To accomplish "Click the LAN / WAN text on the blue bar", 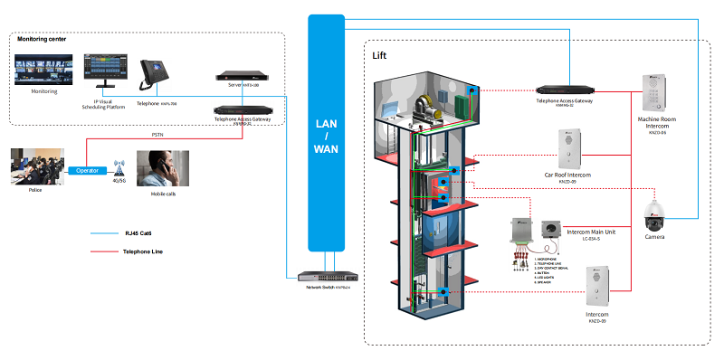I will tap(326, 135).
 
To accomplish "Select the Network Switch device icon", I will tap(326, 273).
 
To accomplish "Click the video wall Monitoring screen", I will tap(43, 70).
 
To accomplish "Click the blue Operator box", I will tap(87, 169).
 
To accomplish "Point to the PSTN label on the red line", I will tap(157, 137).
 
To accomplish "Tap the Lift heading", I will tap(381, 55).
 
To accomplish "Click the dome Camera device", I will tap(653, 215).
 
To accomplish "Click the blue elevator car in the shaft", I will tap(439, 226).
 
